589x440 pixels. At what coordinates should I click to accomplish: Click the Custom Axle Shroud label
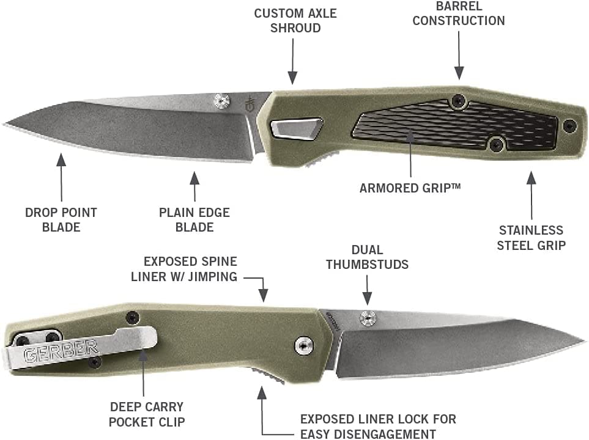click(x=295, y=21)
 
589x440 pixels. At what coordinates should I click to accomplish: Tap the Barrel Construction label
click(x=459, y=13)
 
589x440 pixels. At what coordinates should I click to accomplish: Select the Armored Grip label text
click(x=410, y=188)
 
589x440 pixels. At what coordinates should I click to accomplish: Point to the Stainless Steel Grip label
click(x=531, y=238)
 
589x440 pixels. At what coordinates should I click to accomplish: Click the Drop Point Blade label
click(x=61, y=219)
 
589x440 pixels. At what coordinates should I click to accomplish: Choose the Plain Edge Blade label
click(x=194, y=219)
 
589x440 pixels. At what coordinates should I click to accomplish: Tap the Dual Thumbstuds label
click(x=367, y=257)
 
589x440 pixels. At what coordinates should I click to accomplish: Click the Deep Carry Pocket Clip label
click(x=147, y=414)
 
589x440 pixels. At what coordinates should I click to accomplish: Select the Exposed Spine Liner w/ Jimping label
click(x=184, y=269)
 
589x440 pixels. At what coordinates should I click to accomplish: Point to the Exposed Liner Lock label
click(x=378, y=426)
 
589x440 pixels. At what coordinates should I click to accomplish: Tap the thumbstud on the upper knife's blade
click(x=221, y=101)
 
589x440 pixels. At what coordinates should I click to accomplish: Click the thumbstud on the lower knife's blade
click(x=368, y=318)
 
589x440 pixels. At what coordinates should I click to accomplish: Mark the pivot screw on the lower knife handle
click(x=304, y=345)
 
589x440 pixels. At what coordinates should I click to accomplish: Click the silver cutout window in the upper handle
click(x=297, y=129)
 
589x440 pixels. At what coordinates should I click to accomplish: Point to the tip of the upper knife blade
click(x=4, y=124)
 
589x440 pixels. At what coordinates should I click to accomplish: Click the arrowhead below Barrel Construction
click(x=459, y=73)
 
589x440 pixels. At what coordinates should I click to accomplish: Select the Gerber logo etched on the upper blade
click(x=249, y=104)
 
